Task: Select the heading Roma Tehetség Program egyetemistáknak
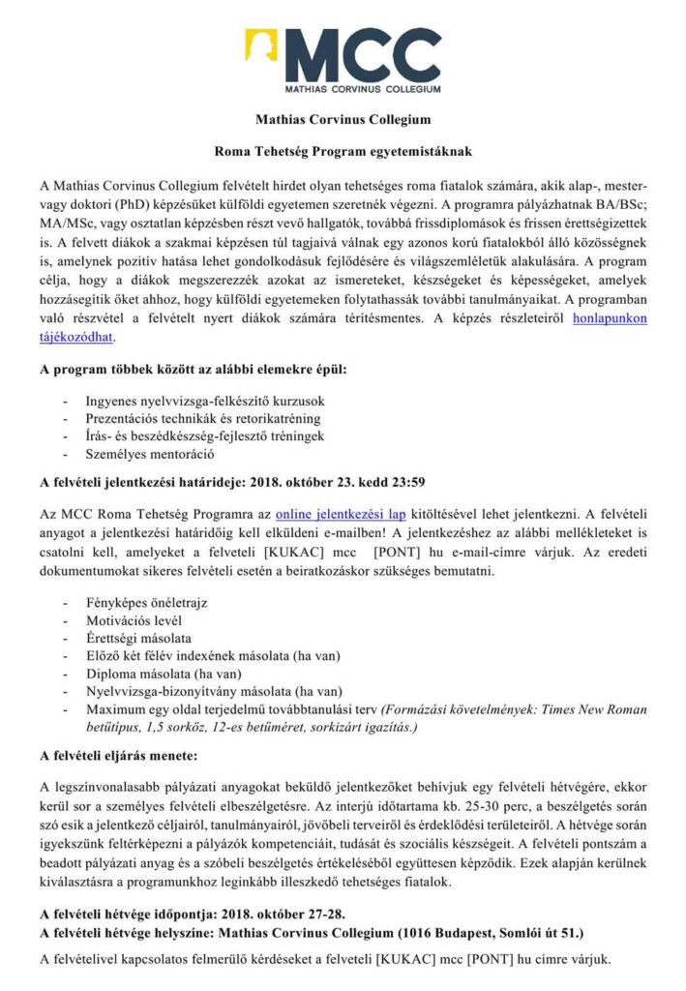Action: pyautogui.click(x=343, y=152)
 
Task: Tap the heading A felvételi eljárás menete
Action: pyautogui.click(x=118, y=753)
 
